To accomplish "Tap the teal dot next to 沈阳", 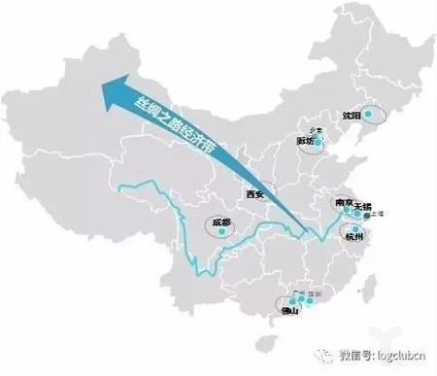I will point(366,112).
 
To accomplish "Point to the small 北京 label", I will point(313,129).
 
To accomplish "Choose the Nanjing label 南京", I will point(343,205).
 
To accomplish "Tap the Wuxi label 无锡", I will point(363,206).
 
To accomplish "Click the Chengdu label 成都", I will point(220,223).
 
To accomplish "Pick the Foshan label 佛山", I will point(288,312).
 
